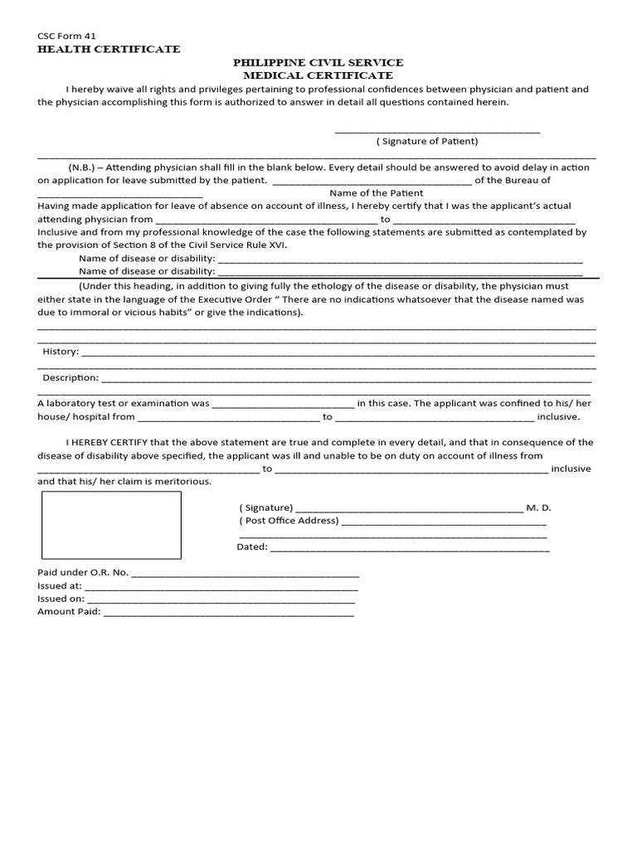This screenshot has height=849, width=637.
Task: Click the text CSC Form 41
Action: coord(66,36)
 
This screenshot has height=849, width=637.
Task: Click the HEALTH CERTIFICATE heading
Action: coord(109,50)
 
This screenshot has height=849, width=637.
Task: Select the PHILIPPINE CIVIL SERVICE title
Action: coord(318,63)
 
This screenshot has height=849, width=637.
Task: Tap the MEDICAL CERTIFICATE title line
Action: coord(318,76)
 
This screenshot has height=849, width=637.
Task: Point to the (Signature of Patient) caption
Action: coord(427,141)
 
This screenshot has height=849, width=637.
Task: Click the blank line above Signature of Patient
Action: coord(437,130)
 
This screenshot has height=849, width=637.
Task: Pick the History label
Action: coord(61,352)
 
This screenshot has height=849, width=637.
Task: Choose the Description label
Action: coord(71,378)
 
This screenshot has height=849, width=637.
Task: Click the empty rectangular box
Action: coord(110,525)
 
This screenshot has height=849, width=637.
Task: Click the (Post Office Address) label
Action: coord(289,521)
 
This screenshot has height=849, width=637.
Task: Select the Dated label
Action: coord(252,547)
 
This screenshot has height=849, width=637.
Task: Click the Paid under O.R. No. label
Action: coord(83,572)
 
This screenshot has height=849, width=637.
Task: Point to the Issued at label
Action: coord(60,585)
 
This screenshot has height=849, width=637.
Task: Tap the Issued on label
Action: coord(61,599)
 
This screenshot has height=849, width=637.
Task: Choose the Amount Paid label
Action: coord(69,612)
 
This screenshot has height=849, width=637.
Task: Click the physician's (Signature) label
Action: coord(265,507)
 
